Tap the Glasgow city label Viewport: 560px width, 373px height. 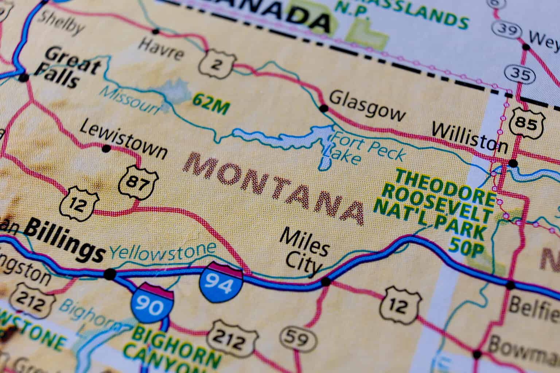coord(367,107)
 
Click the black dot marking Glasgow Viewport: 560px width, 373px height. coord(323,108)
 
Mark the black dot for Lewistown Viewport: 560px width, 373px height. coord(106,149)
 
